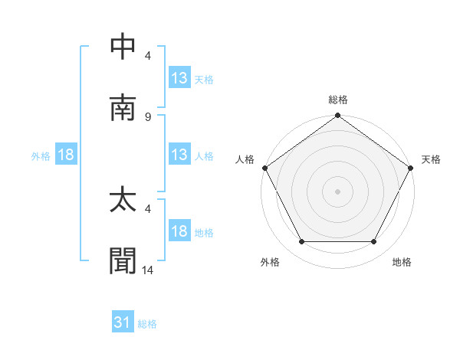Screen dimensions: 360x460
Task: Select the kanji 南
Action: (x=124, y=108)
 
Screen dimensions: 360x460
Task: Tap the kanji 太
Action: (x=124, y=201)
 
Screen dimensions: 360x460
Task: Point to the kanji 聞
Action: (x=124, y=261)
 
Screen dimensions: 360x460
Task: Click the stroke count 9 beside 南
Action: (x=148, y=116)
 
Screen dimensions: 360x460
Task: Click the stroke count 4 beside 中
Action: (x=148, y=55)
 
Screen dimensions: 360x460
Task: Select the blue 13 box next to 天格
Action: (x=179, y=78)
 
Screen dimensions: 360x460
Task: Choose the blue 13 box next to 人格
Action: (x=179, y=155)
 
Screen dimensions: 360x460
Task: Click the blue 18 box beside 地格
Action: (x=179, y=231)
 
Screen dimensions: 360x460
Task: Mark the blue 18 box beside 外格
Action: (x=66, y=155)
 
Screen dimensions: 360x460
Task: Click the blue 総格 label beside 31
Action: (x=148, y=324)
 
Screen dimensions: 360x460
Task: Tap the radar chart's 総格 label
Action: (x=338, y=100)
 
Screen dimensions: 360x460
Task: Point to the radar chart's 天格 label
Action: (x=432, y=159)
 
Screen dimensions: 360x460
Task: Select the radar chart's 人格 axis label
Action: (x=245, y=159)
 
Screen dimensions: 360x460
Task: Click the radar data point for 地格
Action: (x=374, y=242)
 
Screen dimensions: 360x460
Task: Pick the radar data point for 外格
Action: (x=301, y=242)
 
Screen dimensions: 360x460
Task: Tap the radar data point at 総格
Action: (x=338, y=116)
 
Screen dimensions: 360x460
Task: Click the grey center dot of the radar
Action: (x=338, y=191)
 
